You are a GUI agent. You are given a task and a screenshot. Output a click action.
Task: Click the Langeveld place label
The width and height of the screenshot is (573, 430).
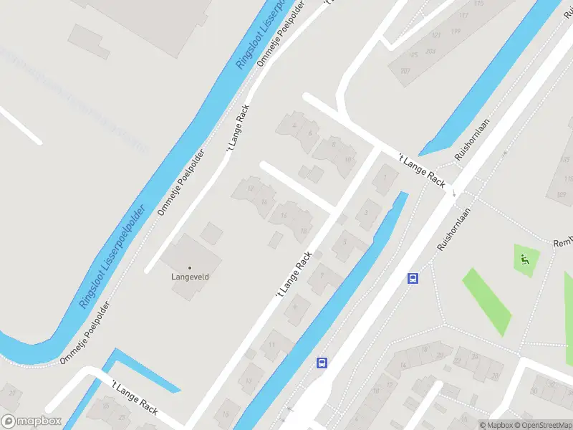coord(189,275)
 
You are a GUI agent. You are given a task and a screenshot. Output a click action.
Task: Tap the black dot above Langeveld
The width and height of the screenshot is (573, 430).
coord(190,267)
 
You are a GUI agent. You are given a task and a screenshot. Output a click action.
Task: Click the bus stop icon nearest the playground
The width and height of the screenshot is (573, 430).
coord(413,279)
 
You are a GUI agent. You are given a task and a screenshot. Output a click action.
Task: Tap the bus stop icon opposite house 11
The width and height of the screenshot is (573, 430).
coord(322,363)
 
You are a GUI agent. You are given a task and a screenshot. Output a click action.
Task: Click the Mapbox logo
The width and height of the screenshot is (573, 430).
coord(32,421)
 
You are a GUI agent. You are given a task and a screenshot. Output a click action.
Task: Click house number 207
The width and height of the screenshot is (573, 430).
coord(405,70)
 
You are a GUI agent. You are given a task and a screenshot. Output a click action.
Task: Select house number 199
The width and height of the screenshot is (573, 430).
coord(456,31)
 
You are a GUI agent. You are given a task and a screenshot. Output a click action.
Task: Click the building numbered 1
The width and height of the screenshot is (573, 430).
coord(386,178)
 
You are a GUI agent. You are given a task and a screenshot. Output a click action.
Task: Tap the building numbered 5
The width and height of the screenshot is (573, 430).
coord(345,243)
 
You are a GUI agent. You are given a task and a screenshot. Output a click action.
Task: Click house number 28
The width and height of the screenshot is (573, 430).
coord(494,376)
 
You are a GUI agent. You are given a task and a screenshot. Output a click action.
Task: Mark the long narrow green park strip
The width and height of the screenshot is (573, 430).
coord(487,301)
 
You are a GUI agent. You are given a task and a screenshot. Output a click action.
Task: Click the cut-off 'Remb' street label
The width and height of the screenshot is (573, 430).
coord(563,243)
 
